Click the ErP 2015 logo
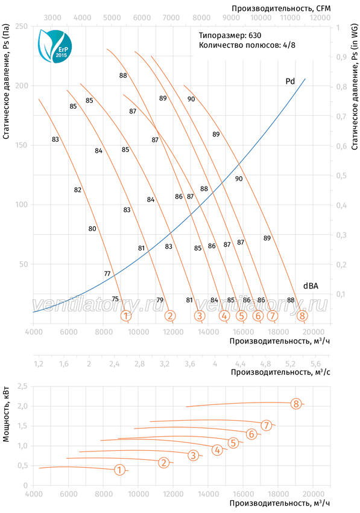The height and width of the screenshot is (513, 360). [55, 46]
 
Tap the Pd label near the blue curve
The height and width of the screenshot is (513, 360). [290, 81]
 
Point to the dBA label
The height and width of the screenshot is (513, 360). [311, 285]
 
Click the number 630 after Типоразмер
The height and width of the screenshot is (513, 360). [254, 36]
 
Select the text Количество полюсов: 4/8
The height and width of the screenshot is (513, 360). [247, 45]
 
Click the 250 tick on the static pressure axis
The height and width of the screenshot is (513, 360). [22, 26]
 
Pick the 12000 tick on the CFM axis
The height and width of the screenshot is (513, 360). [320, 18]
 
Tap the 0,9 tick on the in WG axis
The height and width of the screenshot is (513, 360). [342, 57]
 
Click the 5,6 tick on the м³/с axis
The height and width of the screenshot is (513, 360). [315, 363]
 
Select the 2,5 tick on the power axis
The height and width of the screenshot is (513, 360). [22, 386]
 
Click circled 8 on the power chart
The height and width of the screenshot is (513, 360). [296, 404]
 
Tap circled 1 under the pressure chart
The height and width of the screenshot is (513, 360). [126, 316]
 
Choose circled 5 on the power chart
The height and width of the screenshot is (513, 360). [233, 443]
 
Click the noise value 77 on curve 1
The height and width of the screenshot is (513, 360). [107, 273]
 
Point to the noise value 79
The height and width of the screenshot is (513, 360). [160, 300]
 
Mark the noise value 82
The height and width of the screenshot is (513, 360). [78, 190]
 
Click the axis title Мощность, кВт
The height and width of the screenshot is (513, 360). [6, 415]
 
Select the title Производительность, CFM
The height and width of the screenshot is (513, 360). [281, 8]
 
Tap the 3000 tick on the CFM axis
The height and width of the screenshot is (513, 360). [52, 18]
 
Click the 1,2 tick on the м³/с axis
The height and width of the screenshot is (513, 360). [39, 363]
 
